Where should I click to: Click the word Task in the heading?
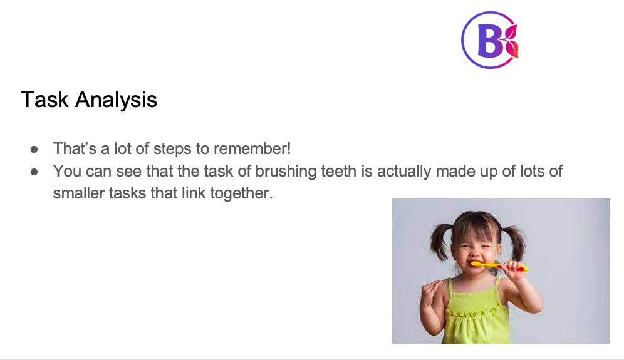coord(44,100)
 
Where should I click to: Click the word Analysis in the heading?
coord(116,100)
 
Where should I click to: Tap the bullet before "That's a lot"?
coord(34,150)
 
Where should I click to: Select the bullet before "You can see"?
coord(34,172)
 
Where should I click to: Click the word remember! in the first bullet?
coord(252,149)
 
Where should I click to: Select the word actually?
coord(404,172)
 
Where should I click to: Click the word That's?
coord(75,149)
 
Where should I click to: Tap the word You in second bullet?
coord(67,172)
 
